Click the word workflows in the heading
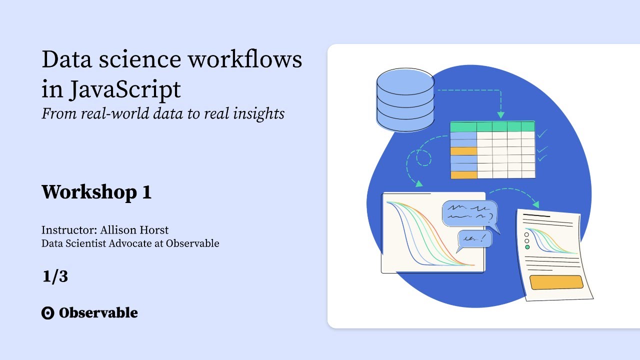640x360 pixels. click(x=244, y=59)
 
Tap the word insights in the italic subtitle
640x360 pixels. click(x=258, y=113)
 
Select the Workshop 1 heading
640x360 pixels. click(x=96, y=192)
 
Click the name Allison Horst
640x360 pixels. click(x=134, y=230)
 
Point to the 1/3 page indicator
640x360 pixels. click(x=55, y=276)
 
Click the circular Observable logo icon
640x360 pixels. click(x=47, y=313)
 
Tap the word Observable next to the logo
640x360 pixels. click(x=98, y=313)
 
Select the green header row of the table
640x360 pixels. click(x=492, y=126)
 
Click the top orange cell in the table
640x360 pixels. click(x=463, y=151)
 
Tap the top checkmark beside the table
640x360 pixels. click(x=542, y=134)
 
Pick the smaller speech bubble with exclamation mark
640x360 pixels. click(x=474, y=239)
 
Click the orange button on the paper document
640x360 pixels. click(x=556, y=282)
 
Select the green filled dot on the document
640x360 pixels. click(x=527, y=247)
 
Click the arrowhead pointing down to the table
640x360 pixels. click(x=501, y=114)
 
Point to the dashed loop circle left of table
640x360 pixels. click(x=423, y=158)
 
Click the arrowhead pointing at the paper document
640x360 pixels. click(x=536, y=204)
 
